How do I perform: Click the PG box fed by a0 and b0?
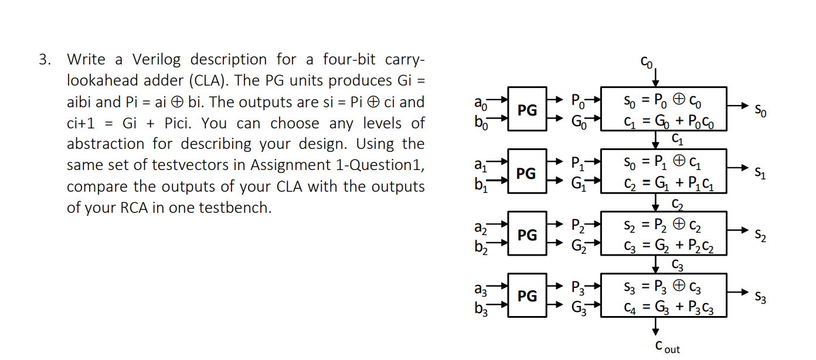526,110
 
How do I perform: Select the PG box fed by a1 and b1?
526,172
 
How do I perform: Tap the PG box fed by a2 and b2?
526,235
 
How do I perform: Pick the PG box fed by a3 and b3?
526,296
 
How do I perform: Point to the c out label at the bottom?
667,347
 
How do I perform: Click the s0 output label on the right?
760,110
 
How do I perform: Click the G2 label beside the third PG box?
578,245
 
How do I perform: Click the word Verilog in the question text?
157,59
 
